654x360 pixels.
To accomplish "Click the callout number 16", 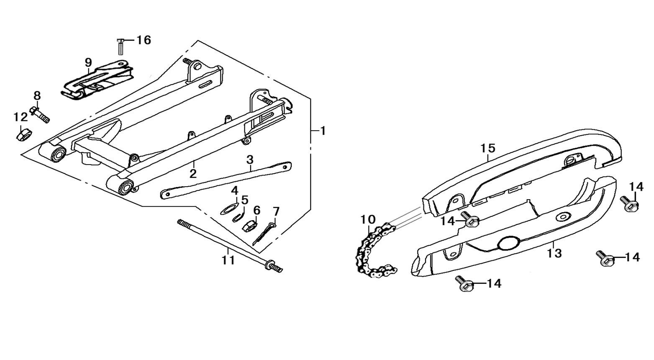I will [144, 40].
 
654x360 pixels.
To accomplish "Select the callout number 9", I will [88, 63].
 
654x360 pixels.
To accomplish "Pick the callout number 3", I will [250, 159].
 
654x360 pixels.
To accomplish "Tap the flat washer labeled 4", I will [228, 208].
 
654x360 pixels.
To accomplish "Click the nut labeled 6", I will [249, 226].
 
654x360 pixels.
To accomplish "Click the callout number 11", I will [228, 260].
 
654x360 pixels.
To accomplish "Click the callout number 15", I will [488, 149].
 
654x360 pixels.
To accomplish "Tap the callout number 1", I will [323, 131].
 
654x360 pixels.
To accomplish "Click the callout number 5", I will [244, 200].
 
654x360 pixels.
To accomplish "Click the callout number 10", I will [369, 219].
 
